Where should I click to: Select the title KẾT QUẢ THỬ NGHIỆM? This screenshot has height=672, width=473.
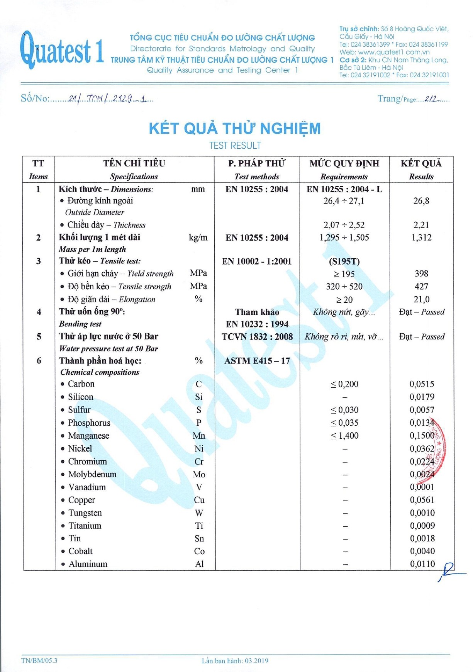pos(235,129)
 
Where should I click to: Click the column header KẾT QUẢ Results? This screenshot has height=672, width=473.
pos(421,170)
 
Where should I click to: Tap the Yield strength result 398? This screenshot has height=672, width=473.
pos(421,274)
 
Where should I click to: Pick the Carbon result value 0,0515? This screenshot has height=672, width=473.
pos(422,384)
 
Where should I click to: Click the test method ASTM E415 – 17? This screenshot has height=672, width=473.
pos(257,361)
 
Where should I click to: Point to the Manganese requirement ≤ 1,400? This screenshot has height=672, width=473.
pos(344,436)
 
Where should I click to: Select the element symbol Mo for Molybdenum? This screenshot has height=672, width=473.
pos(199,475)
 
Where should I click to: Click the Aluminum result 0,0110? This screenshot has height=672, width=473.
pos(422,564)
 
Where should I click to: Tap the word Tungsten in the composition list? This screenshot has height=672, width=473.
pos(85,513)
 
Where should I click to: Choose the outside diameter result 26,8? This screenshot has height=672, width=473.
pos(421,201)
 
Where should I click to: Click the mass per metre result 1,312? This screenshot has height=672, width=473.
pos(421,238)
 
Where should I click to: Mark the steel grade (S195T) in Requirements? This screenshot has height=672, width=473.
pos(344,261)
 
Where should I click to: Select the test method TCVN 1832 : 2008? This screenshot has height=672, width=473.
pos(257,337)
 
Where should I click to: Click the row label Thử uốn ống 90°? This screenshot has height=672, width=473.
pos(92,312)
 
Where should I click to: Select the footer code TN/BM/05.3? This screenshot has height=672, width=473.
pos(39,660)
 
